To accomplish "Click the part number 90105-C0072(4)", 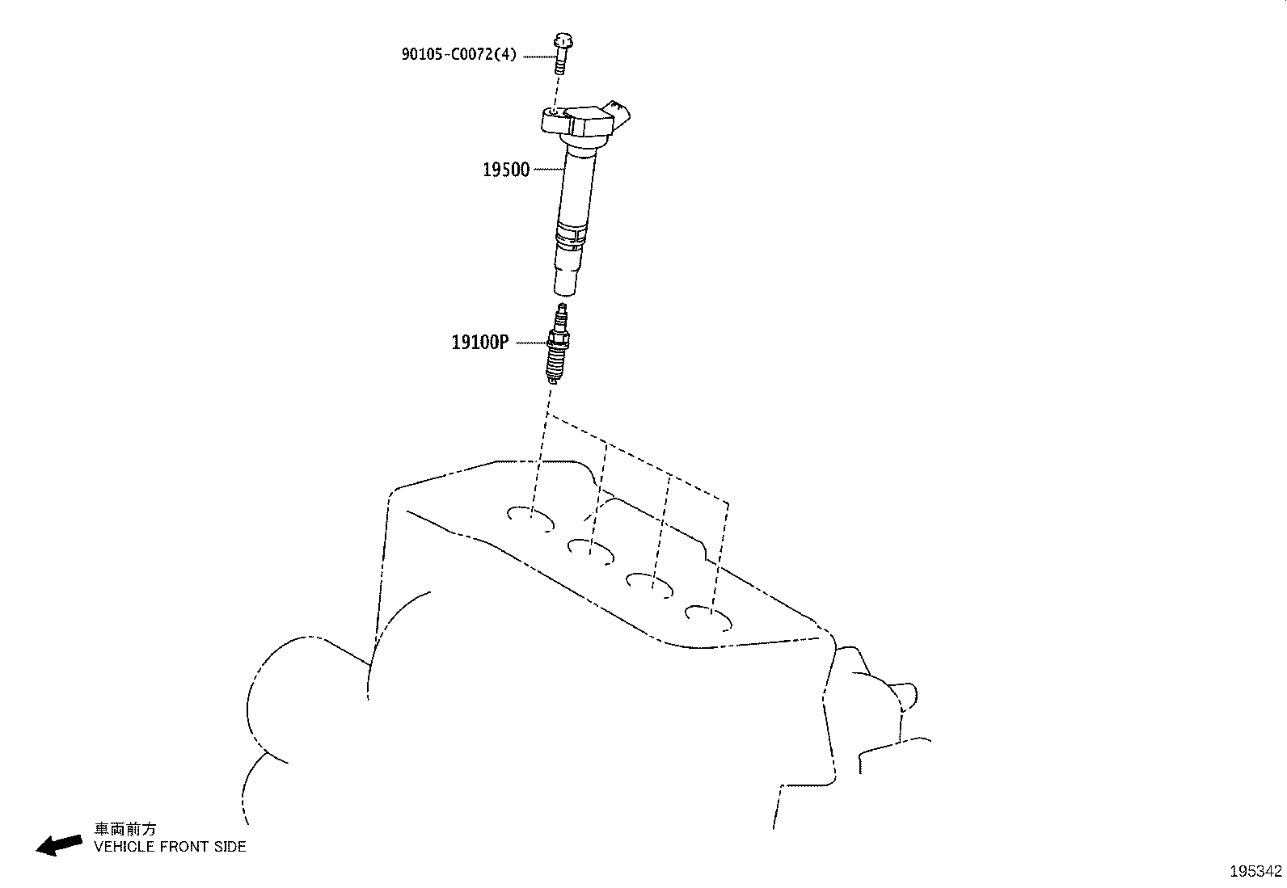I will point(458,55).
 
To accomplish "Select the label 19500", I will point(506,170).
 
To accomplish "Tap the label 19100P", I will point(480,343).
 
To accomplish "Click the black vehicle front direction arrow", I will point(59,844).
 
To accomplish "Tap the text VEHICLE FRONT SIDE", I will point(170,847).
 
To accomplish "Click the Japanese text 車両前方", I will point(125,829).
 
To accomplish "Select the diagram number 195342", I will point(1255,871).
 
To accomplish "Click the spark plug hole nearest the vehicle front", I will point(530,517).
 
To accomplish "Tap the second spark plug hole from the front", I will point(591,550).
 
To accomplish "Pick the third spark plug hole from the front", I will point(651,584).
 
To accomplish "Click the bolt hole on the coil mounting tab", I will point(554,114).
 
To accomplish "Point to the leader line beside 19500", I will point(547,169).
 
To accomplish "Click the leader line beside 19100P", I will point(530,343).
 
